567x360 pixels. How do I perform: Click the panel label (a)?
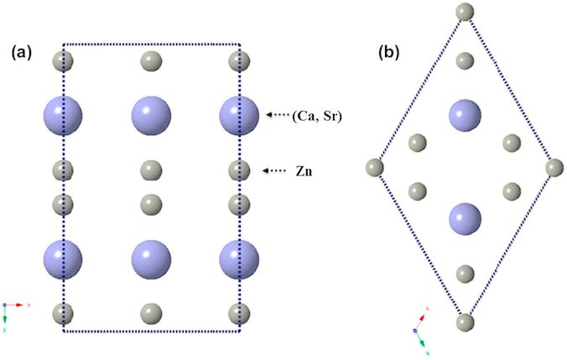pos(21,53)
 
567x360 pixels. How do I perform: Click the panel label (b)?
pos(388,53)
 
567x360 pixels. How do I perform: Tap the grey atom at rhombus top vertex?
pos(465,13)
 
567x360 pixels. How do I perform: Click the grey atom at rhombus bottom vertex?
pos(465,322)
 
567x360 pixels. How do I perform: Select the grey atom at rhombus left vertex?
pos(375,168)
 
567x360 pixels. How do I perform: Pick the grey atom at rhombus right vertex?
pos(554,168)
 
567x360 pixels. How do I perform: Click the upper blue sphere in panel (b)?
pos(465,114)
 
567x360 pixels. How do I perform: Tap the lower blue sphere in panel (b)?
pos(465,220)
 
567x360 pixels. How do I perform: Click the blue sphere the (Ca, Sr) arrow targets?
pos(238,115)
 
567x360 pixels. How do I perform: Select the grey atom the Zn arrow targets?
pos(239,171)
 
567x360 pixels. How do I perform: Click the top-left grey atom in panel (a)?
pos(62,60)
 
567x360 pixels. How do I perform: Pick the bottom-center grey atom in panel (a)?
pos(151,313)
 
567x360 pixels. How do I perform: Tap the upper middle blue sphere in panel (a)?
pos(151,115)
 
